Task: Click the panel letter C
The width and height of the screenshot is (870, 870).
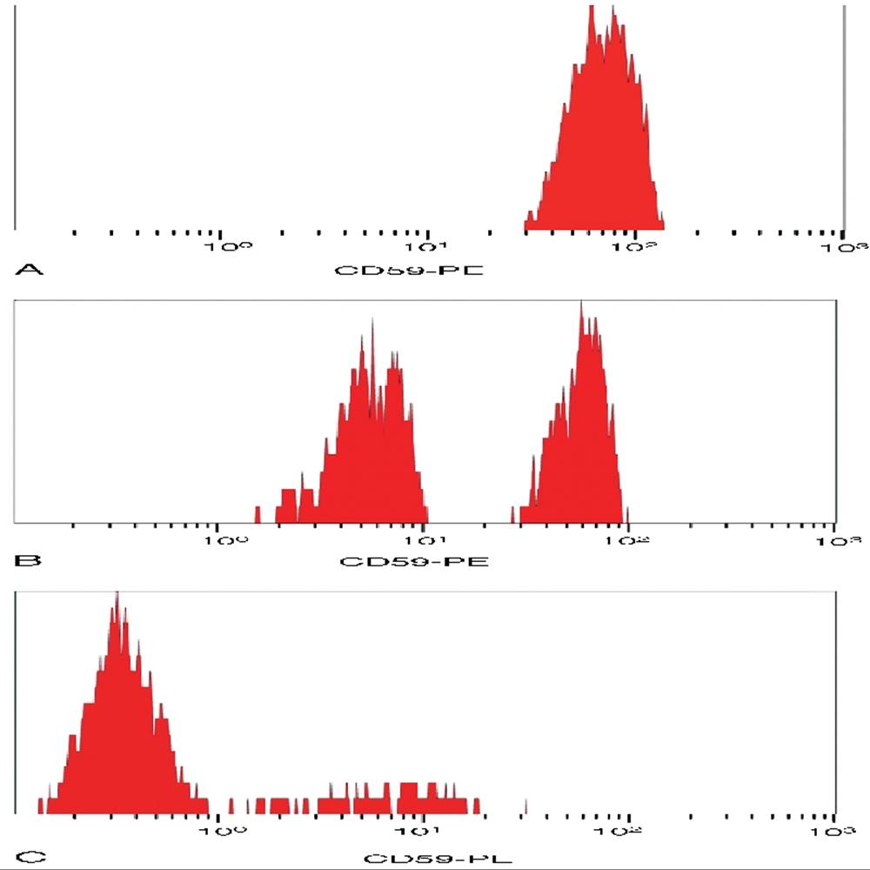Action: coord(29,857)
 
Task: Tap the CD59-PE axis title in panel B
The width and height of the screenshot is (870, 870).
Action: coord(414,560)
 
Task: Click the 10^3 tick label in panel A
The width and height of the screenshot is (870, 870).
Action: coord(847,247)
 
